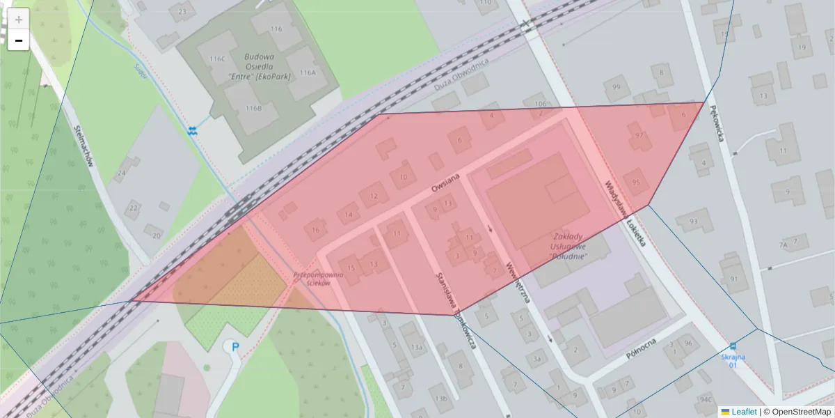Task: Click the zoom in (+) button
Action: (x=18, y=19)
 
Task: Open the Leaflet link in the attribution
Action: (x=743, y=412)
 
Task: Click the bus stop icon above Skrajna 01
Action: (x=733, y=346)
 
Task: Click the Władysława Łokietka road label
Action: (x=626, y=215)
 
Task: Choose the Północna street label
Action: (x=642, y=349)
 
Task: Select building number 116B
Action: (x=253, y=109)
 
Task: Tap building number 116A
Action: (x=308, y=72)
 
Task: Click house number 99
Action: (x=615, y=87)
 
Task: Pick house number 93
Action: (x=692, y=222)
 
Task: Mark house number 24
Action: (x=122, y=173)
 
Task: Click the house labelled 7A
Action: (x=784, y=245)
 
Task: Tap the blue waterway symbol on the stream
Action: (x=193, y=130)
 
